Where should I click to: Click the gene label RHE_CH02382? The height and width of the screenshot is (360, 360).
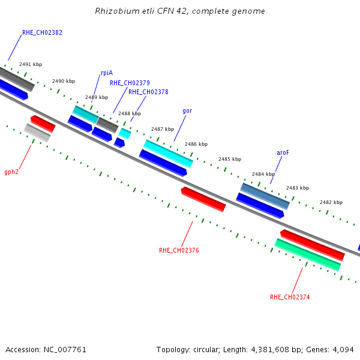(42, 32)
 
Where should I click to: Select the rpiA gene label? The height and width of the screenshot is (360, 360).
(107, 73)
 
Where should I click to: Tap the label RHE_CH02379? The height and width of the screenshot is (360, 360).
(130, 83)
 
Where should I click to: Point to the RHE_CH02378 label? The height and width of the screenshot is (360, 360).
(148, 92)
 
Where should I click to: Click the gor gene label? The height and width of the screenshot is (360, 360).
(187, 111)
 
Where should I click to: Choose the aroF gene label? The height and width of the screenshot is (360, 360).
(283, 152)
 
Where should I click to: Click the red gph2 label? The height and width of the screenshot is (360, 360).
(11, 172)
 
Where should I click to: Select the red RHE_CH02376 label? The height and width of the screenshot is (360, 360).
(179, 250)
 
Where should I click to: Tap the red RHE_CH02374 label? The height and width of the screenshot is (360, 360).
(290, 298)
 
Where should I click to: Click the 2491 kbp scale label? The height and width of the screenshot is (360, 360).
(31, 64)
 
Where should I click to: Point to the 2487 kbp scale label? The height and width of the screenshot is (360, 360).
(163, 129)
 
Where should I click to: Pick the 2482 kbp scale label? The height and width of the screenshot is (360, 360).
(331, 202)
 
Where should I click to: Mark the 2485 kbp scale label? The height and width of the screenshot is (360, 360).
(230, 159)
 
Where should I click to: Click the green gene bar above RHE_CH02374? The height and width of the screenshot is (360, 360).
(307, 255)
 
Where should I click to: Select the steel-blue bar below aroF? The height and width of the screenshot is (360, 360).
(265, 196)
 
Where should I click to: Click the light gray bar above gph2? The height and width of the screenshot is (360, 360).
(37, 133)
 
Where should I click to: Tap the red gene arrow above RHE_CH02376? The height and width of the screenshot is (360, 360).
(203, 199)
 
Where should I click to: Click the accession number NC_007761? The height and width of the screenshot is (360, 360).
(65, 350)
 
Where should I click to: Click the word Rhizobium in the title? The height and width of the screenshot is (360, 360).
(118, 11)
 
